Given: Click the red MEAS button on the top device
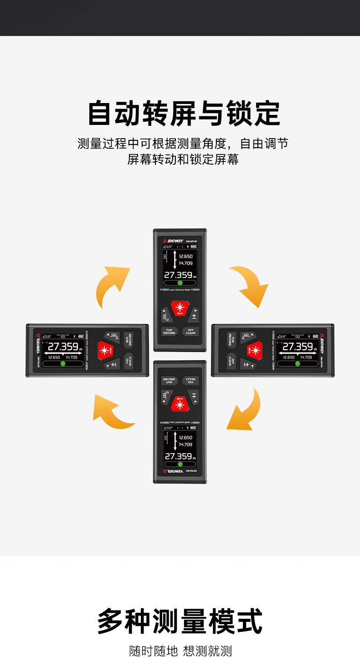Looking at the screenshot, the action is (x=180, y=307).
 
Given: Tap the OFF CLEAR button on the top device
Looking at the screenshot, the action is (x=190, y=331).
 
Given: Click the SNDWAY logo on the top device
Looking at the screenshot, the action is (x=173, y=241).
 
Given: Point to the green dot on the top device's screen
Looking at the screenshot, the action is (x=180, y=283).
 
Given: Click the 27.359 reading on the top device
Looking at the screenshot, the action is (x=178, y=275).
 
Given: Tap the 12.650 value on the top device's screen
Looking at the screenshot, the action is (x=185, y=256).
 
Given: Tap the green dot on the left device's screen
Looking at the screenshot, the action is (x=63, y=364).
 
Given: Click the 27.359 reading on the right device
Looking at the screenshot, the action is (x=298, y=347).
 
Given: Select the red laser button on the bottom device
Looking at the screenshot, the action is (x=180, y=403).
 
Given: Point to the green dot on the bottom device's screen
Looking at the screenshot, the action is (x=180, y=464).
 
